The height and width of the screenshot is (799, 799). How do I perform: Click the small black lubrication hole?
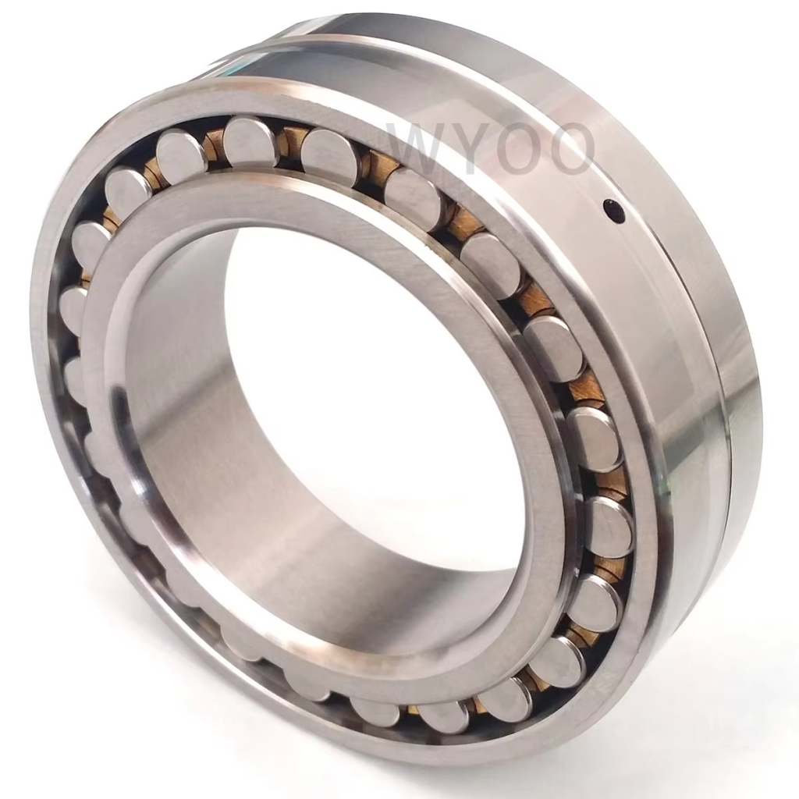613,209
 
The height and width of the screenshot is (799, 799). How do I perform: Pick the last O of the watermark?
570,147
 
